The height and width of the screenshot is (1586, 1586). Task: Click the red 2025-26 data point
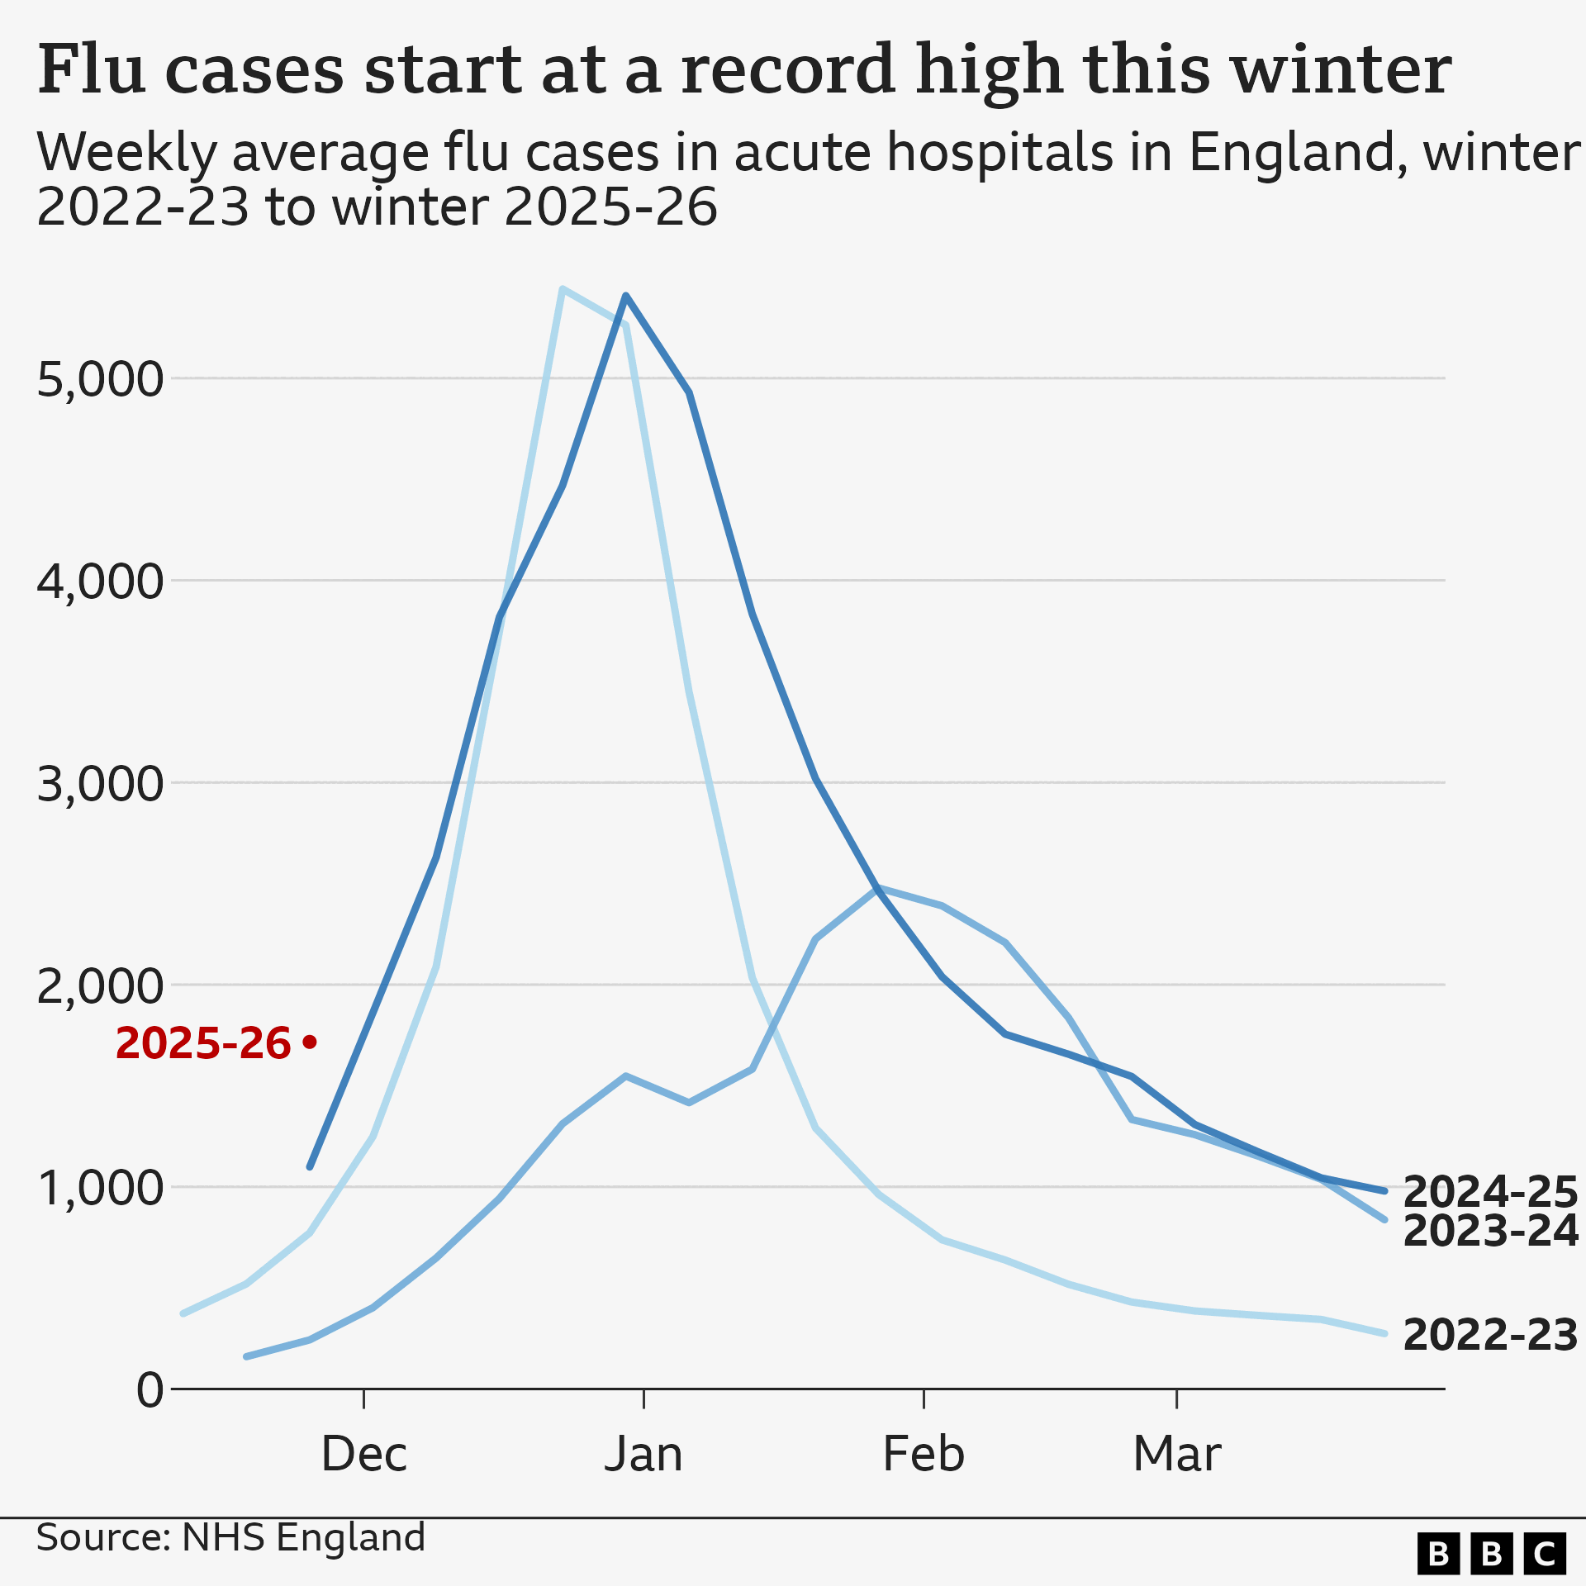310,1042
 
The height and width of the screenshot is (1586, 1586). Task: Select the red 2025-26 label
203,1043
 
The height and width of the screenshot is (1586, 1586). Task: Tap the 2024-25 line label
1490,1192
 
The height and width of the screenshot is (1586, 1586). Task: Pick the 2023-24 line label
1490,1232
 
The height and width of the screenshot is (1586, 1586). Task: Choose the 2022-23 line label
1490,1336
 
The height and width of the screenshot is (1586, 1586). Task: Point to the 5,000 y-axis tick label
100,380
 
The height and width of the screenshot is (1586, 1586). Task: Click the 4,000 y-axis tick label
100,582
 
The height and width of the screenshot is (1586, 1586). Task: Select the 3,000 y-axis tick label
100,784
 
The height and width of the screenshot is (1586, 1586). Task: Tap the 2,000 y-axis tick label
100,986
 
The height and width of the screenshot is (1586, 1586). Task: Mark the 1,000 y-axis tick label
100,1189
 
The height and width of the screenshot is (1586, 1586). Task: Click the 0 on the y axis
150,1390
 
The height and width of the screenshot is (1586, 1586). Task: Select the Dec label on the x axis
363,1455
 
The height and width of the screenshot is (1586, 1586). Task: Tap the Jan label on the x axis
643,1455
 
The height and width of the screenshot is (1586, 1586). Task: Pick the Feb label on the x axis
924,1455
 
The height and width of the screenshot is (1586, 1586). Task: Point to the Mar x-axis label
1176,1455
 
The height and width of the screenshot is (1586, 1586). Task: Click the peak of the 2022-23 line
562,289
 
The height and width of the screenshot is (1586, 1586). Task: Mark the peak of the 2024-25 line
626,296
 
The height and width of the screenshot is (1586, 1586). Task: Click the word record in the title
788,69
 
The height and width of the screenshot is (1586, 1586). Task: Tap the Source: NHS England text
230,1538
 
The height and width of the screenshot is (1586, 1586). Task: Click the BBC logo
1492,1554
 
